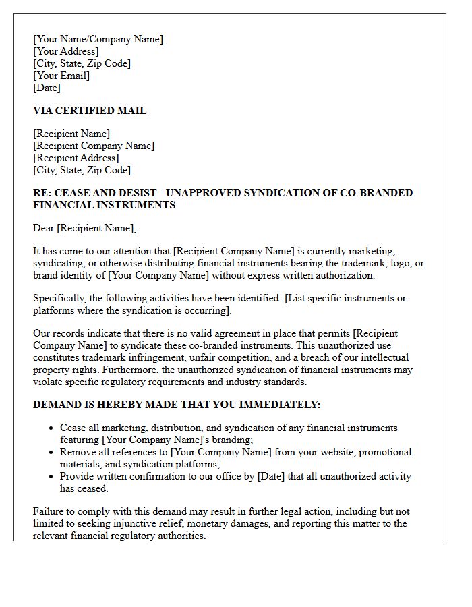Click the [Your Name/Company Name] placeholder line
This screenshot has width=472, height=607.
[x=98, y=39]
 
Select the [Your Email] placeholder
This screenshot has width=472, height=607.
[x=61, y=76]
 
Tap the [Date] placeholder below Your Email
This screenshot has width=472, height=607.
[x=47, y=88]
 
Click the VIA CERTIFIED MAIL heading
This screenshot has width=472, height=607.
[x=90, y=111]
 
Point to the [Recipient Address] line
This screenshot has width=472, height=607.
[x=76, y=158]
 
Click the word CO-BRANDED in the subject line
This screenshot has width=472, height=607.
[x=378, y=193]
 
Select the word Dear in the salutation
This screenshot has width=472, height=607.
[x=44, y=228]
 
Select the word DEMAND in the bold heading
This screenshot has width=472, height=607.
[x=57, y=405]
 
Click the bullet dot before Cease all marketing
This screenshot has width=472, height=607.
[x=52, y=428]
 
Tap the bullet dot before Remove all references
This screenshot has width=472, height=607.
[x=52, y=453]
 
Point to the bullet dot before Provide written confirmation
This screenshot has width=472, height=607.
[x=52, y=477]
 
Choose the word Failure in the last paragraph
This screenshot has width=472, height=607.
[x=49, y=511]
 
